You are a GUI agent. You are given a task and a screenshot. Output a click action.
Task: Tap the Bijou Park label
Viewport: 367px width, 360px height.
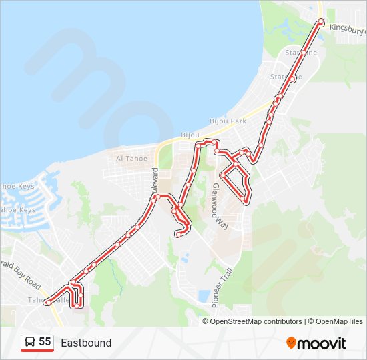click(228, 121)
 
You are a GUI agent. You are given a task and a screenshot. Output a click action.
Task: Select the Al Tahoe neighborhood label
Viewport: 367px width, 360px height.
click(131, 158)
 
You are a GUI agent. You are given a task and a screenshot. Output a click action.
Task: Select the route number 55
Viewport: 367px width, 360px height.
click(45, 342)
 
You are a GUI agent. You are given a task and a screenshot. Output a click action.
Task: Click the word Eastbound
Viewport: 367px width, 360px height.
click(86, 343)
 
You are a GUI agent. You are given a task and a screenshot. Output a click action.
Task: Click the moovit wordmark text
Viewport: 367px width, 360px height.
click(322, 343)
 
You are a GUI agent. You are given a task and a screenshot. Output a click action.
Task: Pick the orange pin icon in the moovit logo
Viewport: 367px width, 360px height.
click(291, 343)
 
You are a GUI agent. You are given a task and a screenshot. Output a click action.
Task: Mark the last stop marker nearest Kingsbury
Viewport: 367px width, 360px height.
click(321, 22)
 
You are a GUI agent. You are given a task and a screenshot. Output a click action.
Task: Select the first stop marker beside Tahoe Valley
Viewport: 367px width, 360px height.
click(47, 303)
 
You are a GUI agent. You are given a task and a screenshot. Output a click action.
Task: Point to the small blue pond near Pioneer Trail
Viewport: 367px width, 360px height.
click(204, 295)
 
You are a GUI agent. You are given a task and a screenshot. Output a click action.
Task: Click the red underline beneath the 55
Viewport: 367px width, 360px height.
click(37, 351)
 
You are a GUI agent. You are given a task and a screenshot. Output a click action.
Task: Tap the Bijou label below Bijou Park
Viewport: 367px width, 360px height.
click(190, 135)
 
